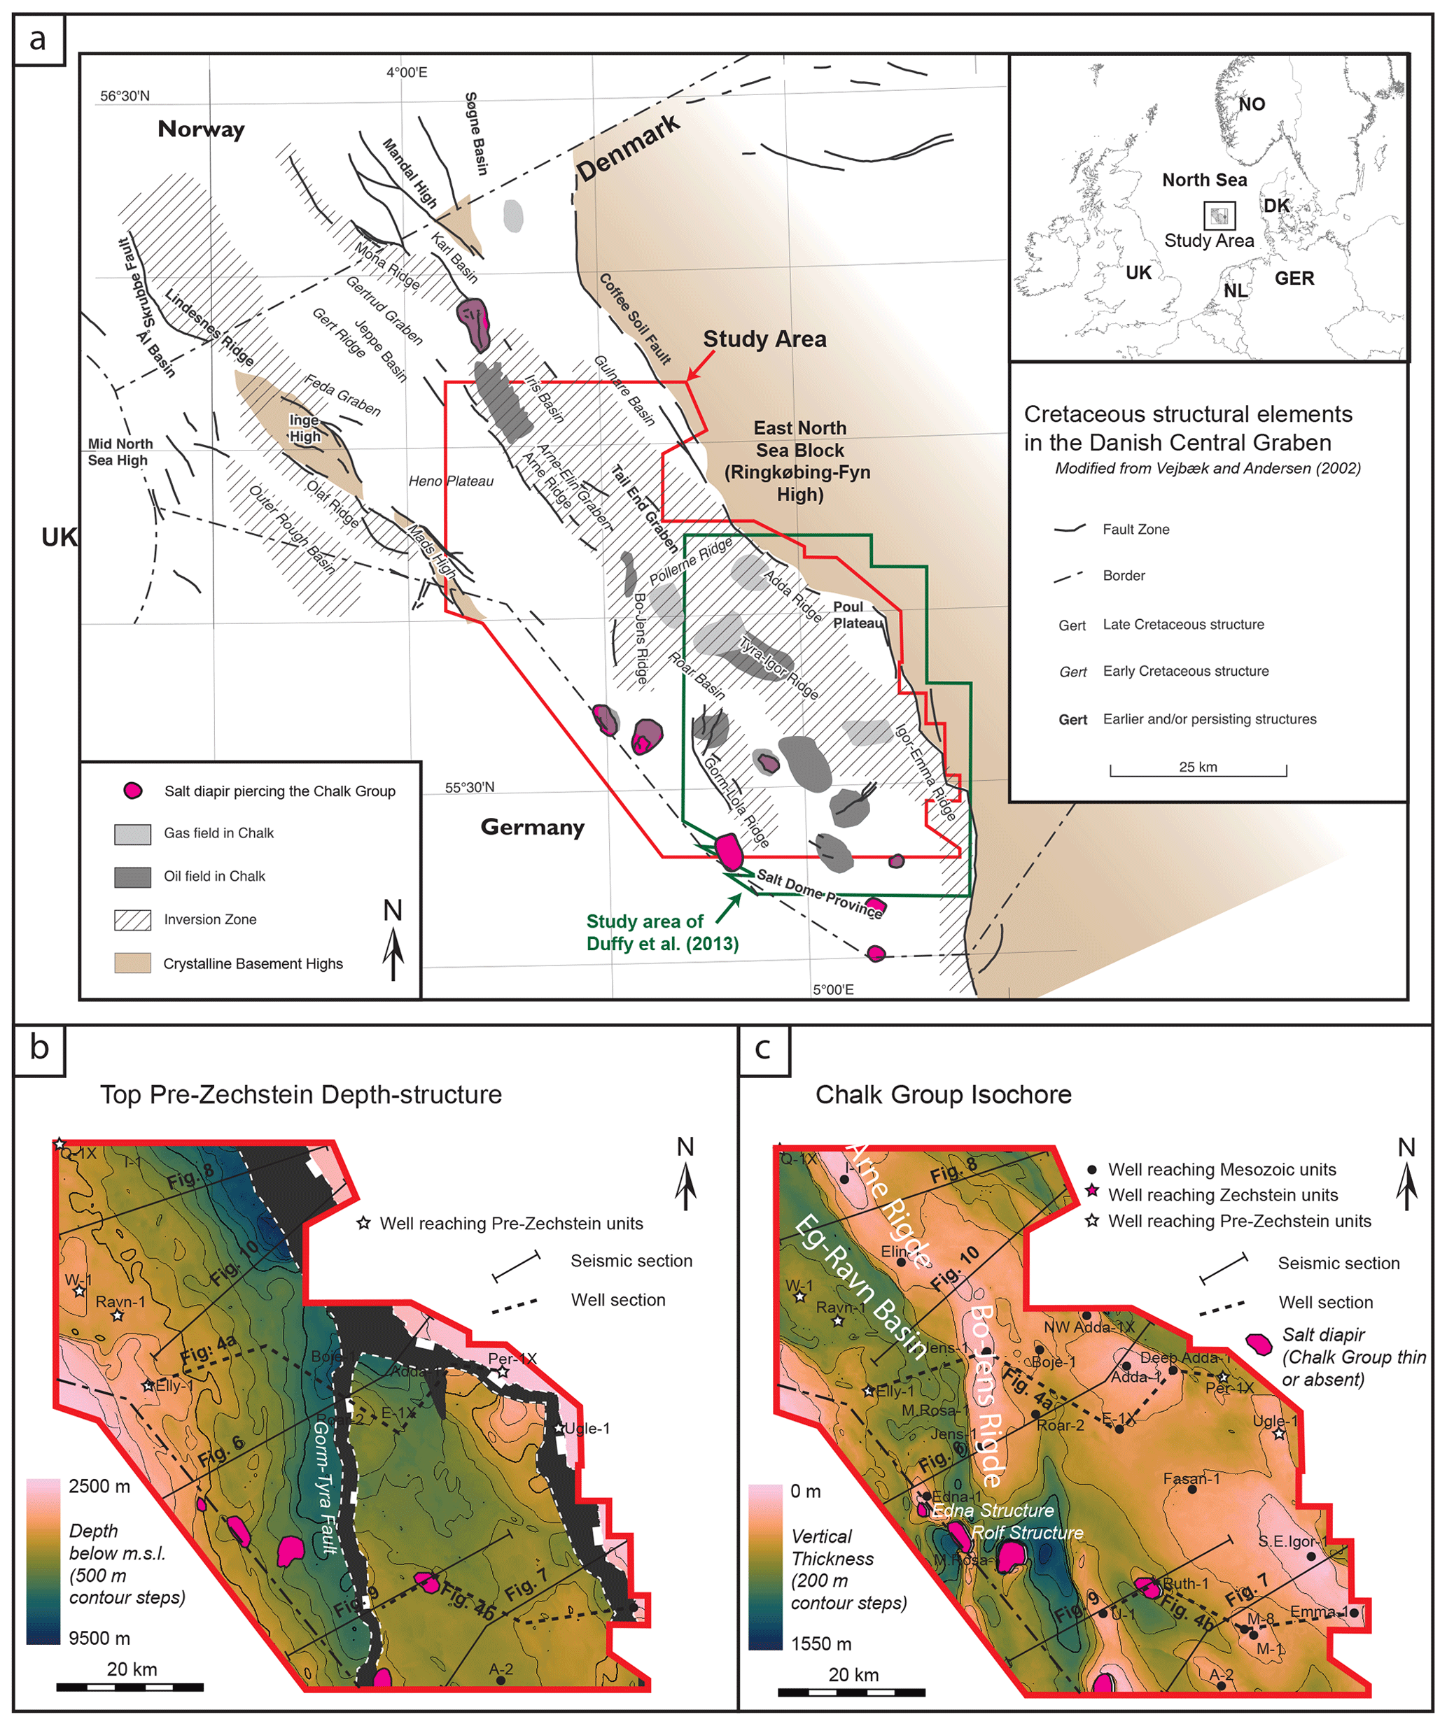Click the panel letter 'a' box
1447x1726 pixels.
click(x=38, y=39)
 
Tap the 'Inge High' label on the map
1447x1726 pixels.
click(x=305, y=428)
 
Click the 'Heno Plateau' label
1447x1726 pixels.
click(x=451, y=481)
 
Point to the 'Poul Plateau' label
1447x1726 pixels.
click(x=857, y=615)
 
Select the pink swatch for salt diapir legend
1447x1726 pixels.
click(x=132, y=791)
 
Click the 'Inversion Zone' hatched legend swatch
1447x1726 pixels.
click(x=132, y=920)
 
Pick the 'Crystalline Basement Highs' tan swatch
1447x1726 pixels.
click(x=132, y=963)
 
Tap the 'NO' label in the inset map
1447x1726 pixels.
click(x=1251, y=104)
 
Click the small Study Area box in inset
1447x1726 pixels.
click(x=1219, y=215)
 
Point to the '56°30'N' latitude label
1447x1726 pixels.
click(x=125, y=96)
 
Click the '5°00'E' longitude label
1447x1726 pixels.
click(x=833, y=989)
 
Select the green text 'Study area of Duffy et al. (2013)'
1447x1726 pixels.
click(x=662, y=933)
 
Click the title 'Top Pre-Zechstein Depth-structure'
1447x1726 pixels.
click(x=301, y=1095)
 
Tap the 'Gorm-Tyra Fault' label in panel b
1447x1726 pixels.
click(x=325, y=1488)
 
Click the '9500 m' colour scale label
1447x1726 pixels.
click(x=99, y=1638)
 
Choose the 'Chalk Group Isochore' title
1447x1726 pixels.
click(x=943, y=1095)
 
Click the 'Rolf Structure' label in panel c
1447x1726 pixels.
click(x=1027, y=1533)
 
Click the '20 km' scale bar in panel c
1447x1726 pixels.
click(x=852, y=1693)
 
